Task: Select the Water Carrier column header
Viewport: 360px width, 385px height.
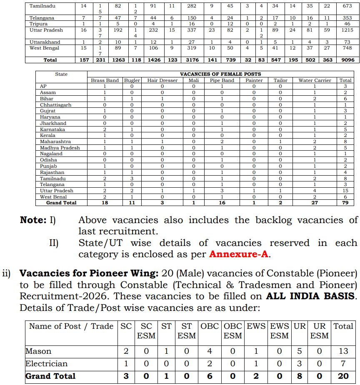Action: click(315, 80)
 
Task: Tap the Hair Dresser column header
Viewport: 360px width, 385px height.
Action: click(162, 80)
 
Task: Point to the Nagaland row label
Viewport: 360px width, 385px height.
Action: click(51, 154)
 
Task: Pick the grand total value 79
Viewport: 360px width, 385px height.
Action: click(345, 203)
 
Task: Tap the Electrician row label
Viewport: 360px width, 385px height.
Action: click(46, 363)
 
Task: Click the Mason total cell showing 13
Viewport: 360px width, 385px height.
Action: click(343, 351)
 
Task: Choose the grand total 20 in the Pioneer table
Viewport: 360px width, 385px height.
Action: click(343, 376)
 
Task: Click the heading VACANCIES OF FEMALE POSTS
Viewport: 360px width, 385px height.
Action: click(221, 74)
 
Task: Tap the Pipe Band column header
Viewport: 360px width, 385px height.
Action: click(222, 80)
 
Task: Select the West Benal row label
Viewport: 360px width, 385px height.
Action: click(54, 196)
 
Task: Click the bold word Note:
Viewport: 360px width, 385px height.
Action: click(33, 220)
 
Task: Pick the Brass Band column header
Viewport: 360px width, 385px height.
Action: click(105, 80)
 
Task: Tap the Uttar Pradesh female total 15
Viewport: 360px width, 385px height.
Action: click(345, 191)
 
